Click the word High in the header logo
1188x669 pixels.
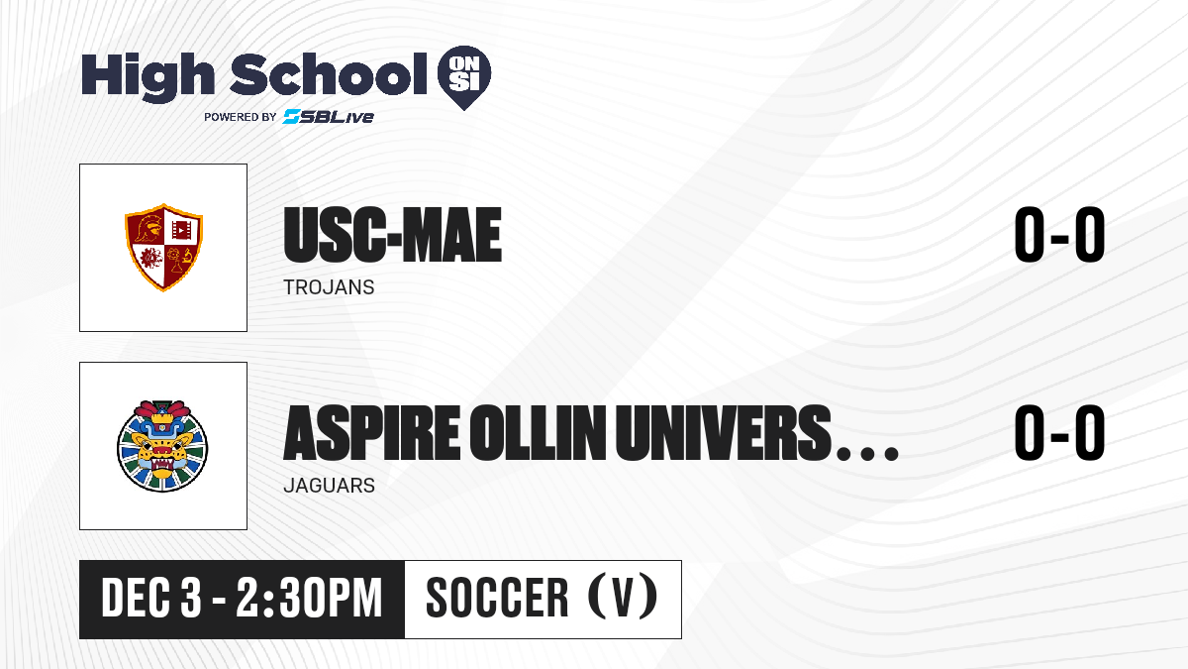point(148,77)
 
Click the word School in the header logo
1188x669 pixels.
point(329,74)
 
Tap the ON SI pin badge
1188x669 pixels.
point(464,77)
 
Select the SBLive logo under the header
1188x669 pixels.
point(329,116)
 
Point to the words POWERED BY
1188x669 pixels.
point(241,117)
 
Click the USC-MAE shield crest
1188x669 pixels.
point(163,247)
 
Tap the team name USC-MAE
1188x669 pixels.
point(392,235)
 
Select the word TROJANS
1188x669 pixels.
point(329,287)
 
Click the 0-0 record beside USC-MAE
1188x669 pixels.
point(1059,234)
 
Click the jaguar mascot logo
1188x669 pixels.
point(162,446)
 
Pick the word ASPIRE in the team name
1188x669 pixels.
point(372,432)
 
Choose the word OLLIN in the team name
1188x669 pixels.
point(538,432)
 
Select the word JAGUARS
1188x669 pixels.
point(330,486)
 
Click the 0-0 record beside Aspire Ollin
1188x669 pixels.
point(1059,432)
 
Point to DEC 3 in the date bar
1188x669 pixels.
point(151,598)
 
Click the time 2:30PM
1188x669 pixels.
point(309,598)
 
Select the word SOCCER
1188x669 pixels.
point(497,598)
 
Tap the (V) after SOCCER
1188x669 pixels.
point(623,597)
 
